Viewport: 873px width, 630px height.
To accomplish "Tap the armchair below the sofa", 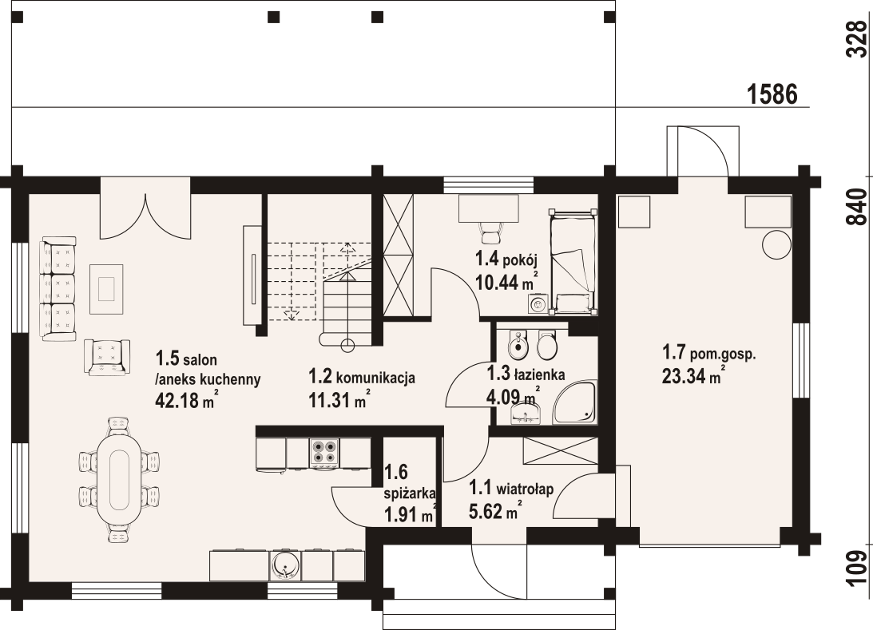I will tap(106, 356).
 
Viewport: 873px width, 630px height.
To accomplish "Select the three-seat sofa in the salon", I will tap(58, 288).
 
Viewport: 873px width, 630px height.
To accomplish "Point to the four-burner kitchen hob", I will tap(325, 454).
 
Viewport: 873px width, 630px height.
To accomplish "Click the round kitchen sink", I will tap(284, 565).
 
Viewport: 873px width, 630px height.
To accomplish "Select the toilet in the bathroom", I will tap(547, 346).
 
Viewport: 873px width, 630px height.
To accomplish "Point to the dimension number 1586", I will tap(773, 93).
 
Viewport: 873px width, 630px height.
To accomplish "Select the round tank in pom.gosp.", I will tap(776, 244).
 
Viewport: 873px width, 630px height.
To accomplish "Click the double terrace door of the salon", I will tap(145, 209).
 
